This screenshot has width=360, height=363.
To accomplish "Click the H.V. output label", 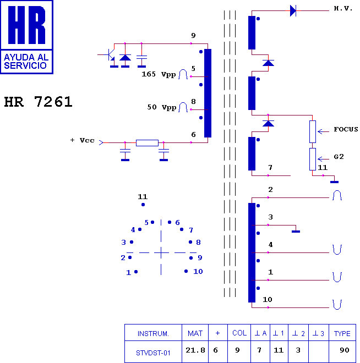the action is [x=343, y=9].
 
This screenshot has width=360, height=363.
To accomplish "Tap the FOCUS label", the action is [x=346, y=129].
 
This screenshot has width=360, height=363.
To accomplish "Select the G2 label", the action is [x=339, y=157].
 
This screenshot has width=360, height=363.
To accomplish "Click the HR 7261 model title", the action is [x=38, y=102].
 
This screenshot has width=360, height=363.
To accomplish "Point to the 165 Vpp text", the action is [x=159, y=74].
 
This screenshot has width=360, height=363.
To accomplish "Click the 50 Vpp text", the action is [x=162, y=107].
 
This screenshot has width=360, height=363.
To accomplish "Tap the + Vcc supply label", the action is [x=83, y=140].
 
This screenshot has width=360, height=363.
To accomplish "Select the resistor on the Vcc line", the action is [x=147, y=143].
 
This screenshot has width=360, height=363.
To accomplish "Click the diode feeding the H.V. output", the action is [x=293, y=10].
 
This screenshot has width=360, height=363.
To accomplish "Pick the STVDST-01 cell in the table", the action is [x=153, y=353].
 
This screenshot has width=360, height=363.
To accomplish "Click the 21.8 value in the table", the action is [x=195, y=350].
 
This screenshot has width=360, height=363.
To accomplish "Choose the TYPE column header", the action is [x=342, y=333].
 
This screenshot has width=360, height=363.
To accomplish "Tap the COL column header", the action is [x=239, y=333].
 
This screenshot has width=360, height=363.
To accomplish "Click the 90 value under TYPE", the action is [x=344, y=350].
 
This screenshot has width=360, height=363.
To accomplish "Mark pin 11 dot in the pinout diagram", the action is [x=143, y=205].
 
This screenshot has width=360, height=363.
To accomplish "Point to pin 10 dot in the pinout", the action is [x=186, y=271].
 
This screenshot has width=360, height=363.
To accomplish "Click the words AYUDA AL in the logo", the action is [x=26, y=57].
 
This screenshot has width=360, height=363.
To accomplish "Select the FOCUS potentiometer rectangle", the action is [x=313, y=132].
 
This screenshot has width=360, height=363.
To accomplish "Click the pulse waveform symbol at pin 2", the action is [x=337, y=195].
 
